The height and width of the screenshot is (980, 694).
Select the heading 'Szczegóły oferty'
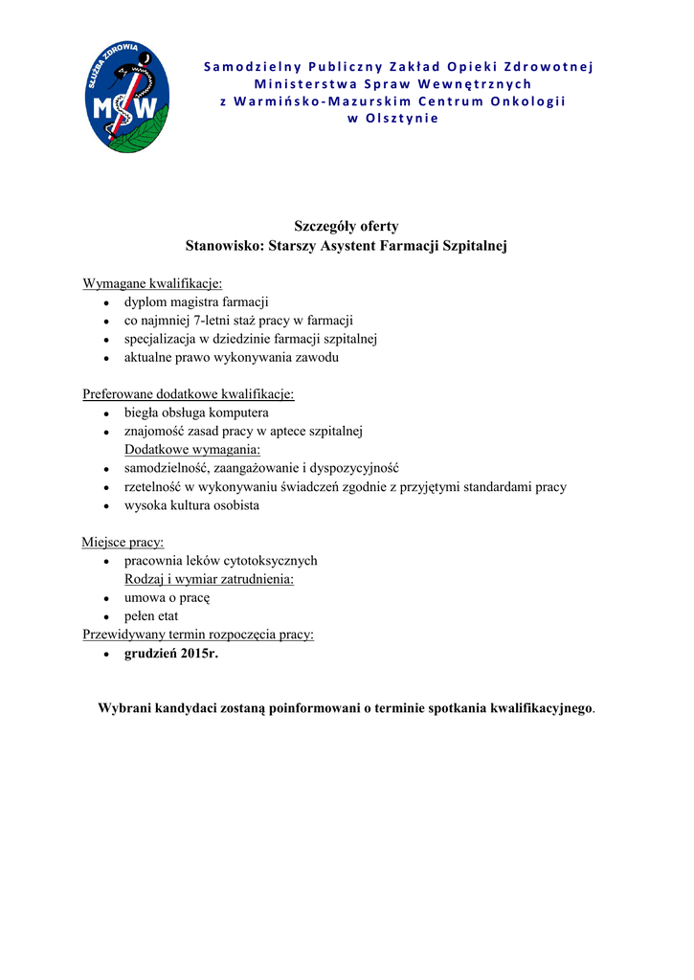346,227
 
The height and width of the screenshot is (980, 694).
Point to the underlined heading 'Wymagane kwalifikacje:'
152,283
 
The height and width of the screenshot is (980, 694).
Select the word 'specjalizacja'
160,339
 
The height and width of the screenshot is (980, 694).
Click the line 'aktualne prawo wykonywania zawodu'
231,358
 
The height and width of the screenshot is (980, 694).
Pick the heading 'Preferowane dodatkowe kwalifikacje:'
189,394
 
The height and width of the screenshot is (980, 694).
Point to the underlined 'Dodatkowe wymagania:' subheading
192,450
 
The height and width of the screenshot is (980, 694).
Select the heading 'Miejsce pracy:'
123,543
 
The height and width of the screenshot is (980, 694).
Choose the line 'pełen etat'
151,616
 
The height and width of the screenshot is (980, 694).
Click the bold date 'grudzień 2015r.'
171,654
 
